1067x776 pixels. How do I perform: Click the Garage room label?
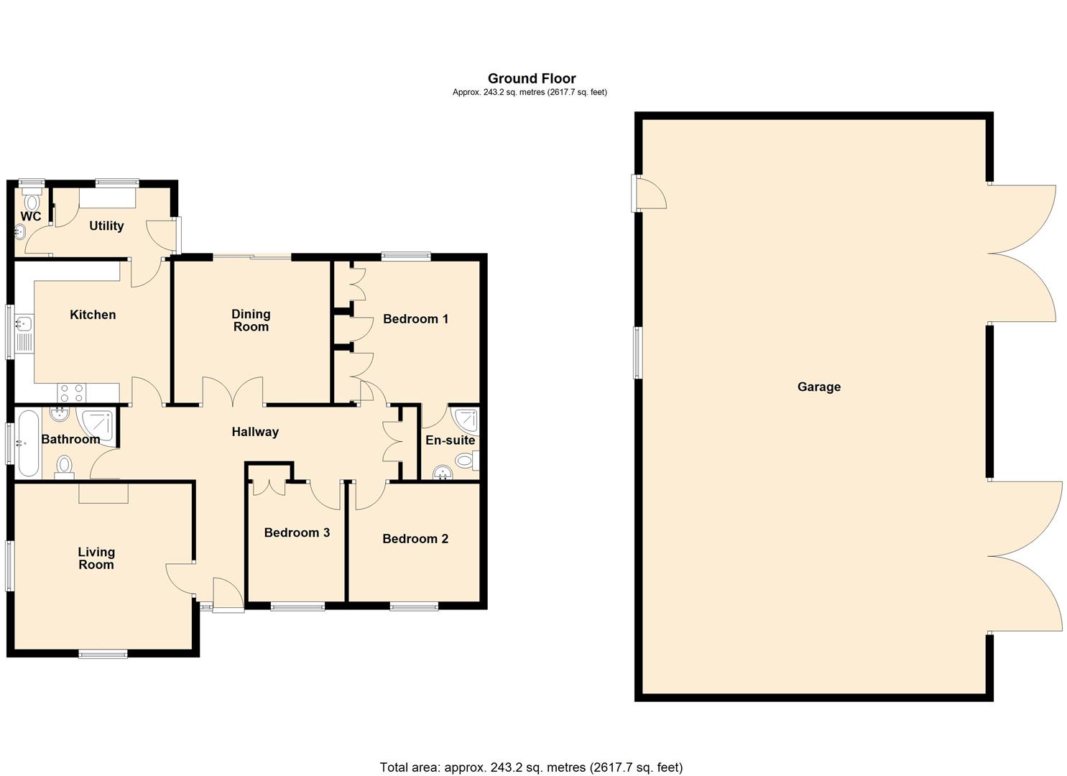(x=818, y=387)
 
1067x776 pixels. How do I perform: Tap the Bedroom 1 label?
(x=415, y=318)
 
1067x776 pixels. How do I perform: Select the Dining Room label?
(x=251, y=320)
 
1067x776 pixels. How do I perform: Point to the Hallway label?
(x=255, y=432)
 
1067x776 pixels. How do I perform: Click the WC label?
(x=30, y=216)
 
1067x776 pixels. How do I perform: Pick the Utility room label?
(x=106, y=226)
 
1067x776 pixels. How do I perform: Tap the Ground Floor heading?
(x=532, y=78)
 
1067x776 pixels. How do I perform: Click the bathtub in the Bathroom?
(x=28, y=443)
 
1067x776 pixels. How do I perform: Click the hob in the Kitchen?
(x=71, y=392)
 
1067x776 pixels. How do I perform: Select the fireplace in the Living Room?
(x=103, y=493)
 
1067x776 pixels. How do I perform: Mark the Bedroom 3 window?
(x=297, y=606)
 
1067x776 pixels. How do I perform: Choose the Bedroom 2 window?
(x=414, y=606)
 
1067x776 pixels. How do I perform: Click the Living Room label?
(x=96, y=558)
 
